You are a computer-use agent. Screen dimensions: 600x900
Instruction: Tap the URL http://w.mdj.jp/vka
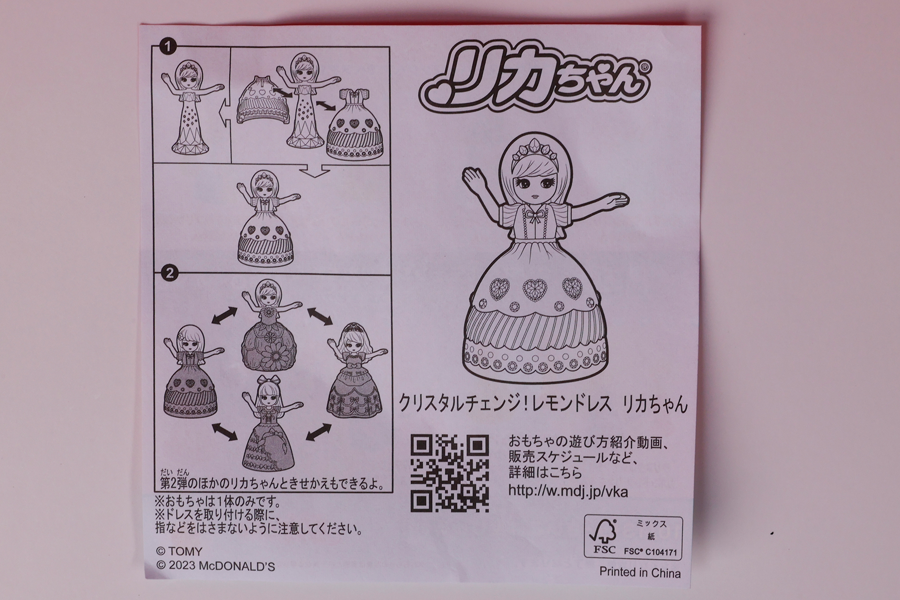pyautogui.click(x=568, y=491)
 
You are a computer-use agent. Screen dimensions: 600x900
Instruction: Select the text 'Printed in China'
pyautogui.click(x=640, y=572)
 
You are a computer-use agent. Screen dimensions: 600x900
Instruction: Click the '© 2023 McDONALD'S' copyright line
pyautogui.click(x=215, y=566)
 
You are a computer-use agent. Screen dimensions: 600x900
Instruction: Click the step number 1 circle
pyautogui.click(x=167, y=46)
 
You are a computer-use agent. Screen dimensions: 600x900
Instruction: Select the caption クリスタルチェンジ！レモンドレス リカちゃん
pyautogui.click(x=542, y=404)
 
